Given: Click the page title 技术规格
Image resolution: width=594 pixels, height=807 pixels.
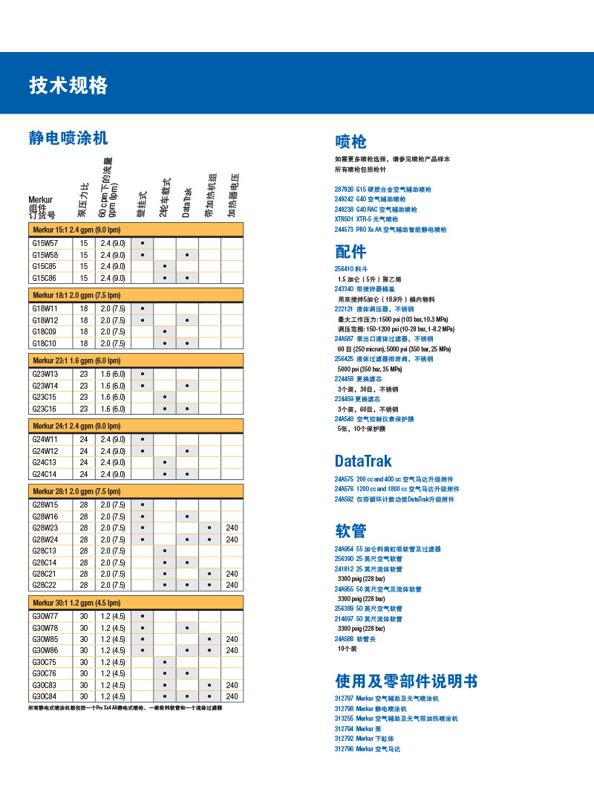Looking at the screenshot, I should pyautogui.click(x=68, y=85).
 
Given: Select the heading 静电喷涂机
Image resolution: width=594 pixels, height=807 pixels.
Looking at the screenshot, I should pyautogui.click(x=68, y=137).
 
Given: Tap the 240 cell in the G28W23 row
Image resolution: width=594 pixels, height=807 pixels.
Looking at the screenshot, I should pyautogui.click(x=232, y=528).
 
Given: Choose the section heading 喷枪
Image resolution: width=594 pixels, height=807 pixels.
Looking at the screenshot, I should pyautogui.click(x=350, y=142).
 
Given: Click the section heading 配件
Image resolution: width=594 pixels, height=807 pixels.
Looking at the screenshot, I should pyautogui.click(x=350, y=251).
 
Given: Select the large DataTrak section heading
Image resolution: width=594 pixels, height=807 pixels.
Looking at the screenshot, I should pyautogui.click(x=363, y=461).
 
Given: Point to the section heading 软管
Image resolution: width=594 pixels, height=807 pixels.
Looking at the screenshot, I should pyautogui.click(x=350, y=530).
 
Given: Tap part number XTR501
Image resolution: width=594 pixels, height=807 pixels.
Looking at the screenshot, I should pyautogui.click(x=345, y=219).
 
